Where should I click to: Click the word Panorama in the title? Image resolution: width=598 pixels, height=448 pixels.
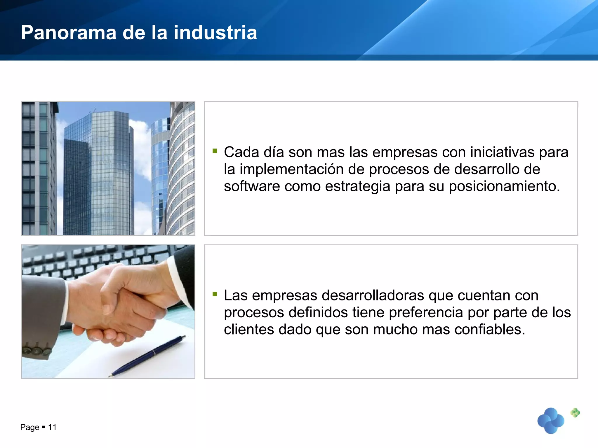[69, 32]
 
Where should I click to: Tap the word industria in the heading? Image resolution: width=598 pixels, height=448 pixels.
[215, 32]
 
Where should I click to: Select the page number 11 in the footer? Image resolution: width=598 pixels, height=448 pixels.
[52, 427]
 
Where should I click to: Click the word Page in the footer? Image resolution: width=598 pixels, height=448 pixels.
[29, 427]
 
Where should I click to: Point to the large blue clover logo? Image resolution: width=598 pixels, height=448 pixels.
[551, 421]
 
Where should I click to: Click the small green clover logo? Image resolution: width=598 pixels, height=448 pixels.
[575, 413]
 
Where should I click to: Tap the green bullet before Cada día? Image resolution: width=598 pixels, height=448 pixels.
[215, 151]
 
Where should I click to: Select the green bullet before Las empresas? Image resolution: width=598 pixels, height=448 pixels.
[215, 294]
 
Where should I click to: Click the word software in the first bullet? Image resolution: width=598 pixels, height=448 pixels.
[252, 186]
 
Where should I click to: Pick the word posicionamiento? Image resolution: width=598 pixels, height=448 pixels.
[504, 186]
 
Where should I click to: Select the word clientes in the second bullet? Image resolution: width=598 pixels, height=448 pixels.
[249, 330]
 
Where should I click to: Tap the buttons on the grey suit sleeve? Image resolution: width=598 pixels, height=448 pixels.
[37, 351]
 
